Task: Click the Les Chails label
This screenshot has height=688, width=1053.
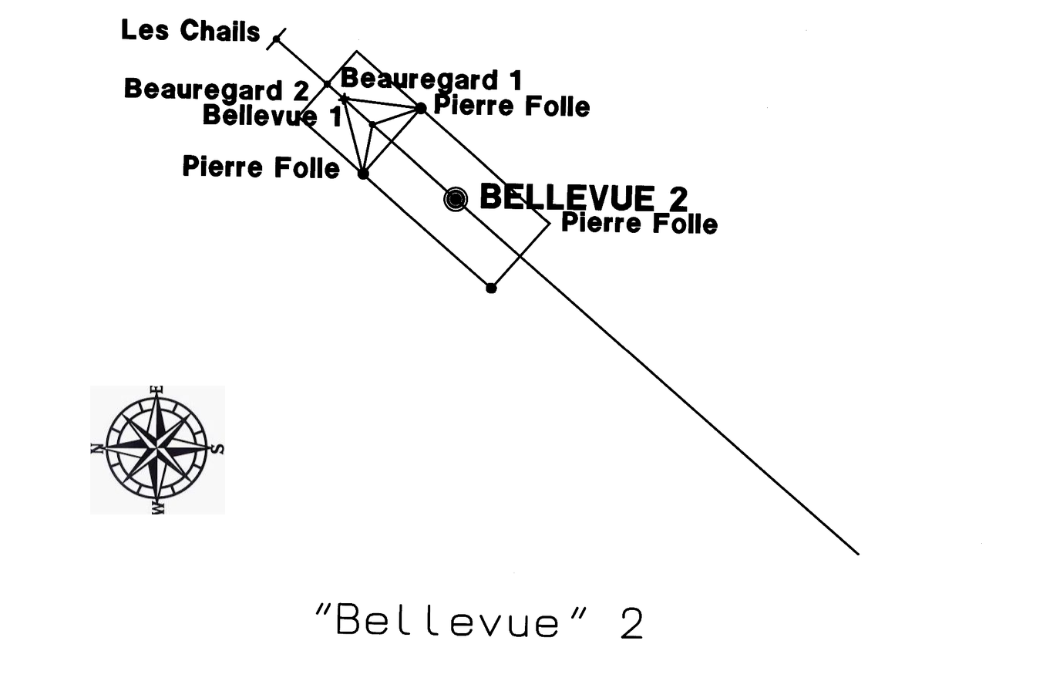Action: coord(190,31)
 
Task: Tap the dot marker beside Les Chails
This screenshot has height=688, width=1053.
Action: coord(277,39)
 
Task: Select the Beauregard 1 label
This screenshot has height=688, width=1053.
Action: coord(431,79)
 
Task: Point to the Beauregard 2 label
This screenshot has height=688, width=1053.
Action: coord(217,89)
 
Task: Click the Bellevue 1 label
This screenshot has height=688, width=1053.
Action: coord(272,116)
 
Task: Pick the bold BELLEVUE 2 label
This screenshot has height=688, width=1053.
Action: coord(584,197)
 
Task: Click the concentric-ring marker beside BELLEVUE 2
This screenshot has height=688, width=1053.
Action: coord(456,200)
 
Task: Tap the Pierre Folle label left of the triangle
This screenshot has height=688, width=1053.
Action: coord(261,167)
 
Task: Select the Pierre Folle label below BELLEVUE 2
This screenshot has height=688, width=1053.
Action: coord(639,224)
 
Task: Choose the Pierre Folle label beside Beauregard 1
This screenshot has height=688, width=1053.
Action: coord(511,106)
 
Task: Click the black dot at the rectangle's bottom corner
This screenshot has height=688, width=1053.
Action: coord(491,288)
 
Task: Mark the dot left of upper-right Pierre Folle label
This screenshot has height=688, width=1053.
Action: coord(421,109)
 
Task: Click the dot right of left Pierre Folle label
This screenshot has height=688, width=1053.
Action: coord(363,174)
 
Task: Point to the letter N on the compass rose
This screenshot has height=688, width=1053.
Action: coord(96,448)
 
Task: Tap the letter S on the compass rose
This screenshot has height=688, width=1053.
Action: coord(217,449)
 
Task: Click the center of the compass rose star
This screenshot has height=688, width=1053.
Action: coord(156,449)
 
